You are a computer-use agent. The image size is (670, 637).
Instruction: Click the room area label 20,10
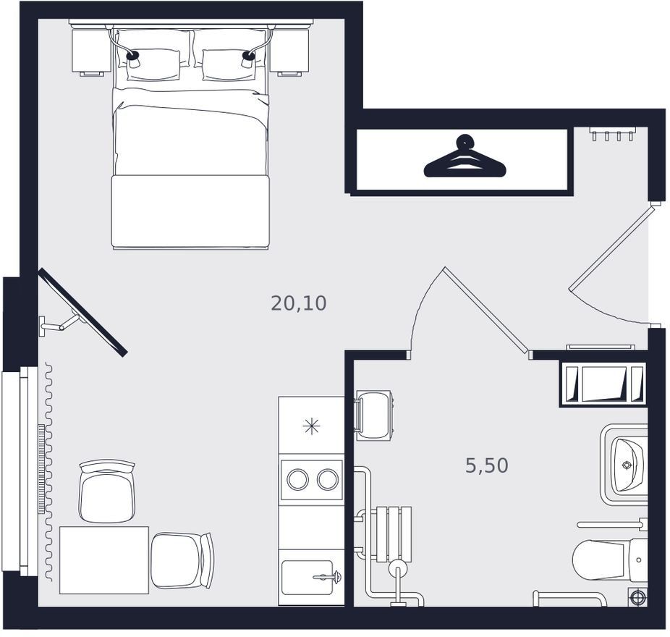coord(299,303)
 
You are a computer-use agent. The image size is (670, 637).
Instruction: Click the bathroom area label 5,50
coord(487,465)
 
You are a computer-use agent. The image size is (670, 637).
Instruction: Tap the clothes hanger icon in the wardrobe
coord(465,156)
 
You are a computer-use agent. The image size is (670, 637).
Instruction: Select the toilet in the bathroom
coord(610,560)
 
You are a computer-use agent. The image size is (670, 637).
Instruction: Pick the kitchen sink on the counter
coord(308,577)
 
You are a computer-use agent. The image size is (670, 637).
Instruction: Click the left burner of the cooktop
coord(298,479)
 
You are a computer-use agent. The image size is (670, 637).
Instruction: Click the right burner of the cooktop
coord(328,479)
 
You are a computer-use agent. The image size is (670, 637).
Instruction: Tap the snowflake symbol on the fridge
coord(312,426)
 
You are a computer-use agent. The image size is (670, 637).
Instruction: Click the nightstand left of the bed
coord(91,51)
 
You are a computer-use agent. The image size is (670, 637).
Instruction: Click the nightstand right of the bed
coord(289,51)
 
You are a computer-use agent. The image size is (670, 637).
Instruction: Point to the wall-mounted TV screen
coord(82,312)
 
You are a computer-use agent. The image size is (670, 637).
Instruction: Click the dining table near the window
coord(104,560)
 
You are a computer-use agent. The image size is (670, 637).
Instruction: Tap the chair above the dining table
coord(107,492)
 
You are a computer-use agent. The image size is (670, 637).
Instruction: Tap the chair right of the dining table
coord(183,560)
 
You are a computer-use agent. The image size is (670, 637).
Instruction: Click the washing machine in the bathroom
coord(373,415)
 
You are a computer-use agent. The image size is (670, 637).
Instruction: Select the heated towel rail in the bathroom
coord(394,533)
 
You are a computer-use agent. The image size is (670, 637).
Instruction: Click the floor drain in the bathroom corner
coord(637,597)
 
